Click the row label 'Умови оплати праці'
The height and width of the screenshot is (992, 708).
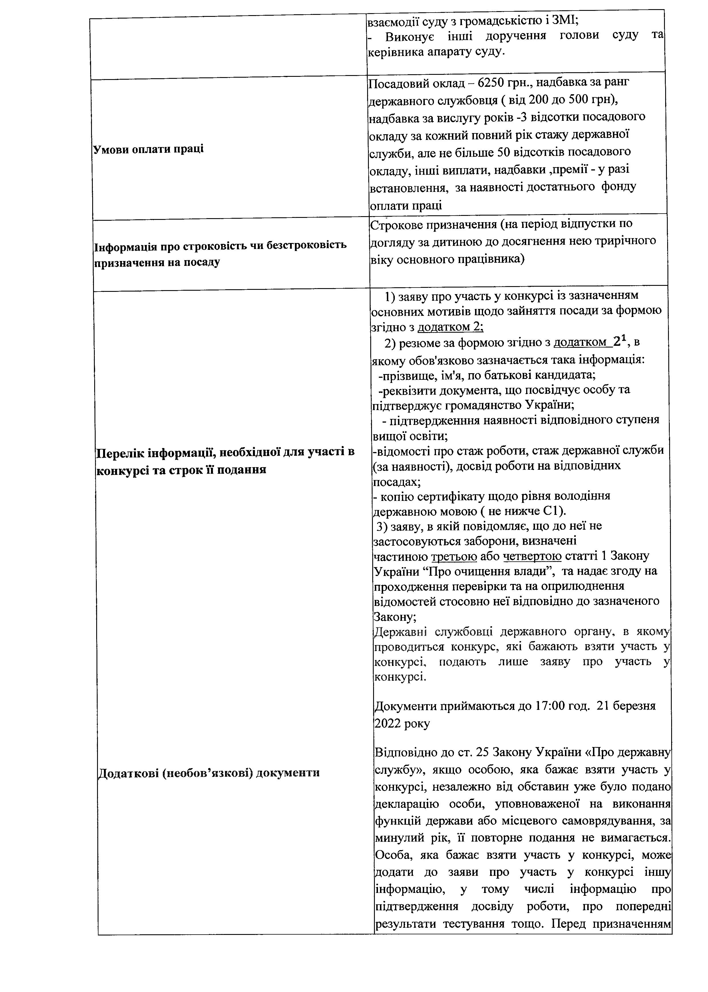click(x=149, y=149)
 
